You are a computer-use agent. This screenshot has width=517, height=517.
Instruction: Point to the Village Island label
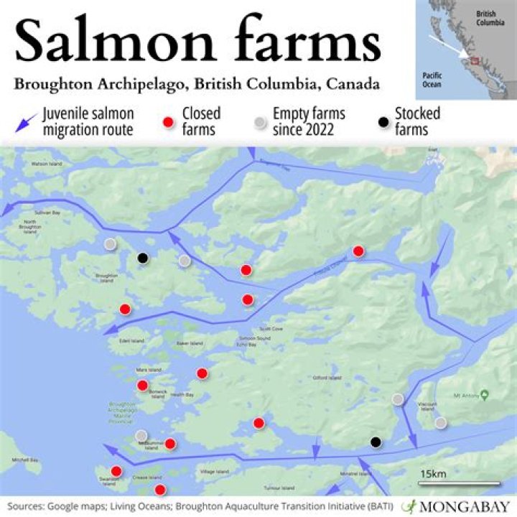point(213,471)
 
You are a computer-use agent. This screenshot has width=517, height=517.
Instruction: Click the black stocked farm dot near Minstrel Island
point(374,442)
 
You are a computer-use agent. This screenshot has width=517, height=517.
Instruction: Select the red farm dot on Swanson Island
point(116,472)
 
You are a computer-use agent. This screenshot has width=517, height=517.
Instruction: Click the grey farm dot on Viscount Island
point(440,422)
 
